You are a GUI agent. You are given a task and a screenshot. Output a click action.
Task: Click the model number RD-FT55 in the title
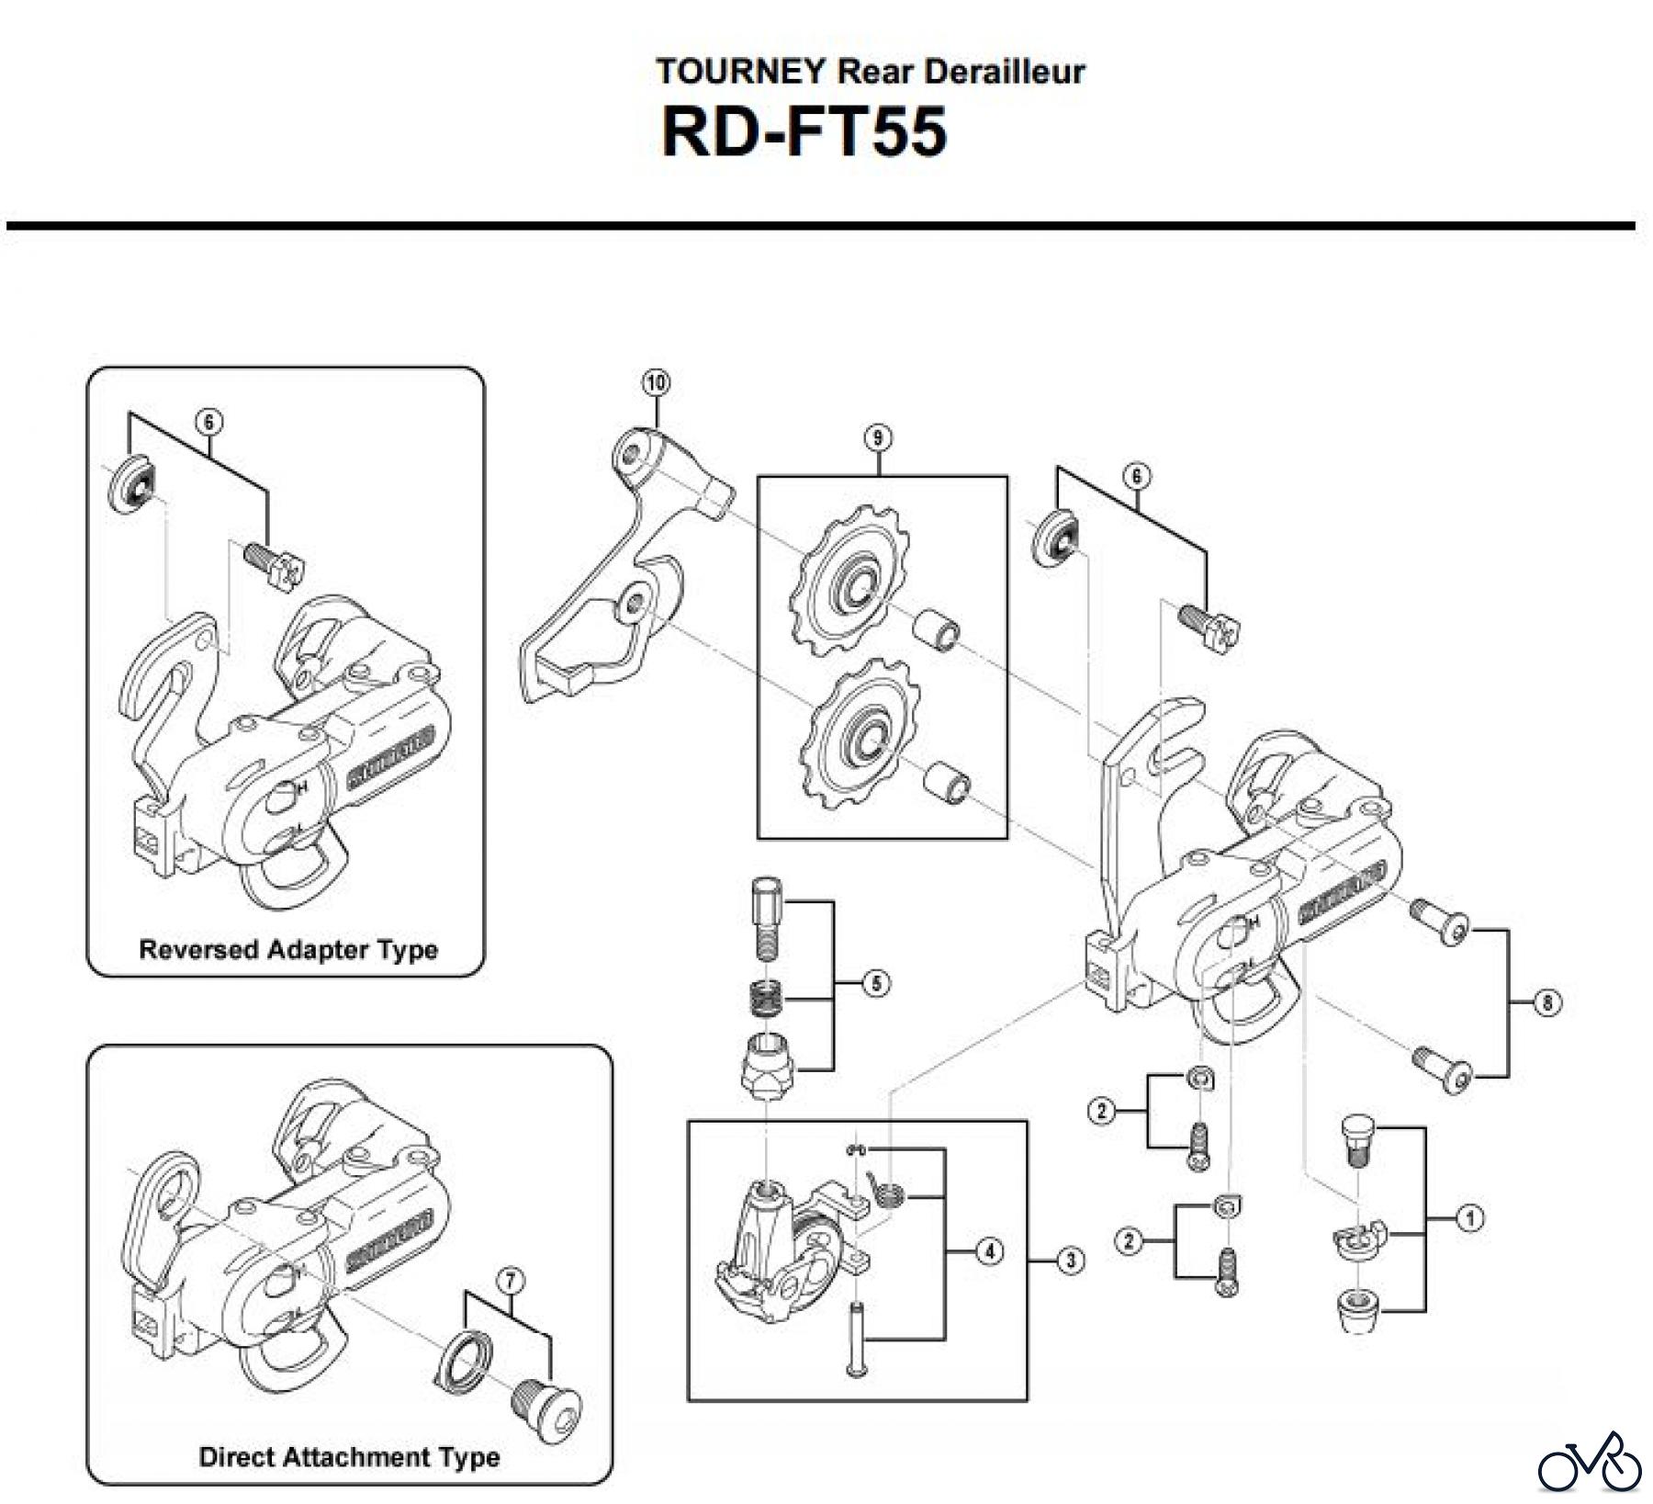coord(804,132)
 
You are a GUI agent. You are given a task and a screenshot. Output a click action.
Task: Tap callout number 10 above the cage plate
coord(657,382)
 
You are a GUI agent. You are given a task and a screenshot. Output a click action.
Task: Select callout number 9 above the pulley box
coord(878,438)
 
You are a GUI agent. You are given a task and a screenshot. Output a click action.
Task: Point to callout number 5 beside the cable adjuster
coord(876,984)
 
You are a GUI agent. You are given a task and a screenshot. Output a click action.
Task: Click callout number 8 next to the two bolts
coord(1546,1002)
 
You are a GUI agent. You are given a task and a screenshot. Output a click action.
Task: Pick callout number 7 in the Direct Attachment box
coord(510,1278)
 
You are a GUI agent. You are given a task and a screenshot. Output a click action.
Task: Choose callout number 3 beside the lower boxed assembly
coord(1070,1261)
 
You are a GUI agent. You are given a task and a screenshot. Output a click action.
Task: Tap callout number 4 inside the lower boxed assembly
coord(989,1251)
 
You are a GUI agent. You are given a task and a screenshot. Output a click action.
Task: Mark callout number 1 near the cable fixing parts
coord(1469,1218)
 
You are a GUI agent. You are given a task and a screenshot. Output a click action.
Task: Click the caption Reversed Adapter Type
coord(288,949)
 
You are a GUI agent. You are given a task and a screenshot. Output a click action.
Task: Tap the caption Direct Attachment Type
coord(349,1457)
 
